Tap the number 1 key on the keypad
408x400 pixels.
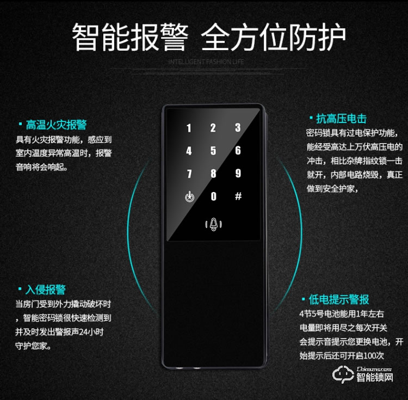189,128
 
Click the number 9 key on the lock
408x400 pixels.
238,174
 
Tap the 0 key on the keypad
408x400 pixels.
213,196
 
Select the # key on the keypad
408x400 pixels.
238,196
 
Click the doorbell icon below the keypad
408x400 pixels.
213,224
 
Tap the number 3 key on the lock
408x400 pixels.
238,128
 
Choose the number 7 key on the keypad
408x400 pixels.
189,174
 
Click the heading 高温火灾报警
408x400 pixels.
56,125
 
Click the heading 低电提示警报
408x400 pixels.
338,299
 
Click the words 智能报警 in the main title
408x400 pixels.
130,37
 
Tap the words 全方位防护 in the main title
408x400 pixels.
273,37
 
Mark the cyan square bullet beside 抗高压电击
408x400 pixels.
311,119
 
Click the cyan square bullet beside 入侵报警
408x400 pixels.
20,290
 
